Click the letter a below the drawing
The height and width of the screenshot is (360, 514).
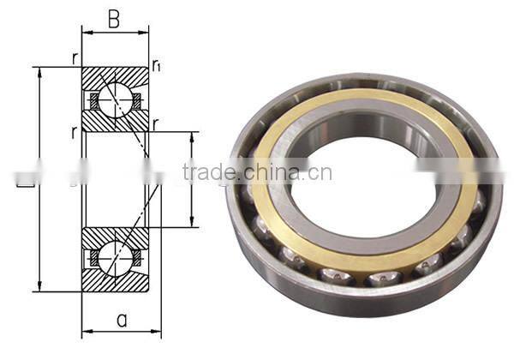pos(122,321)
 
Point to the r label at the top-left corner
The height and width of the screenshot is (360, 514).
pos(75,59)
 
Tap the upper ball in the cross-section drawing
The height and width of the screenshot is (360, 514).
pos(113,100)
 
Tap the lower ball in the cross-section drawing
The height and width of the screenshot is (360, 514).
pos(113,255)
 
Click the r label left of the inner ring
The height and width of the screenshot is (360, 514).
pos(75,133)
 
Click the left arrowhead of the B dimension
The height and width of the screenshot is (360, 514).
pos(85,33)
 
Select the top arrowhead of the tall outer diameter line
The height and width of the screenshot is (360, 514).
pos(39,71)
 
